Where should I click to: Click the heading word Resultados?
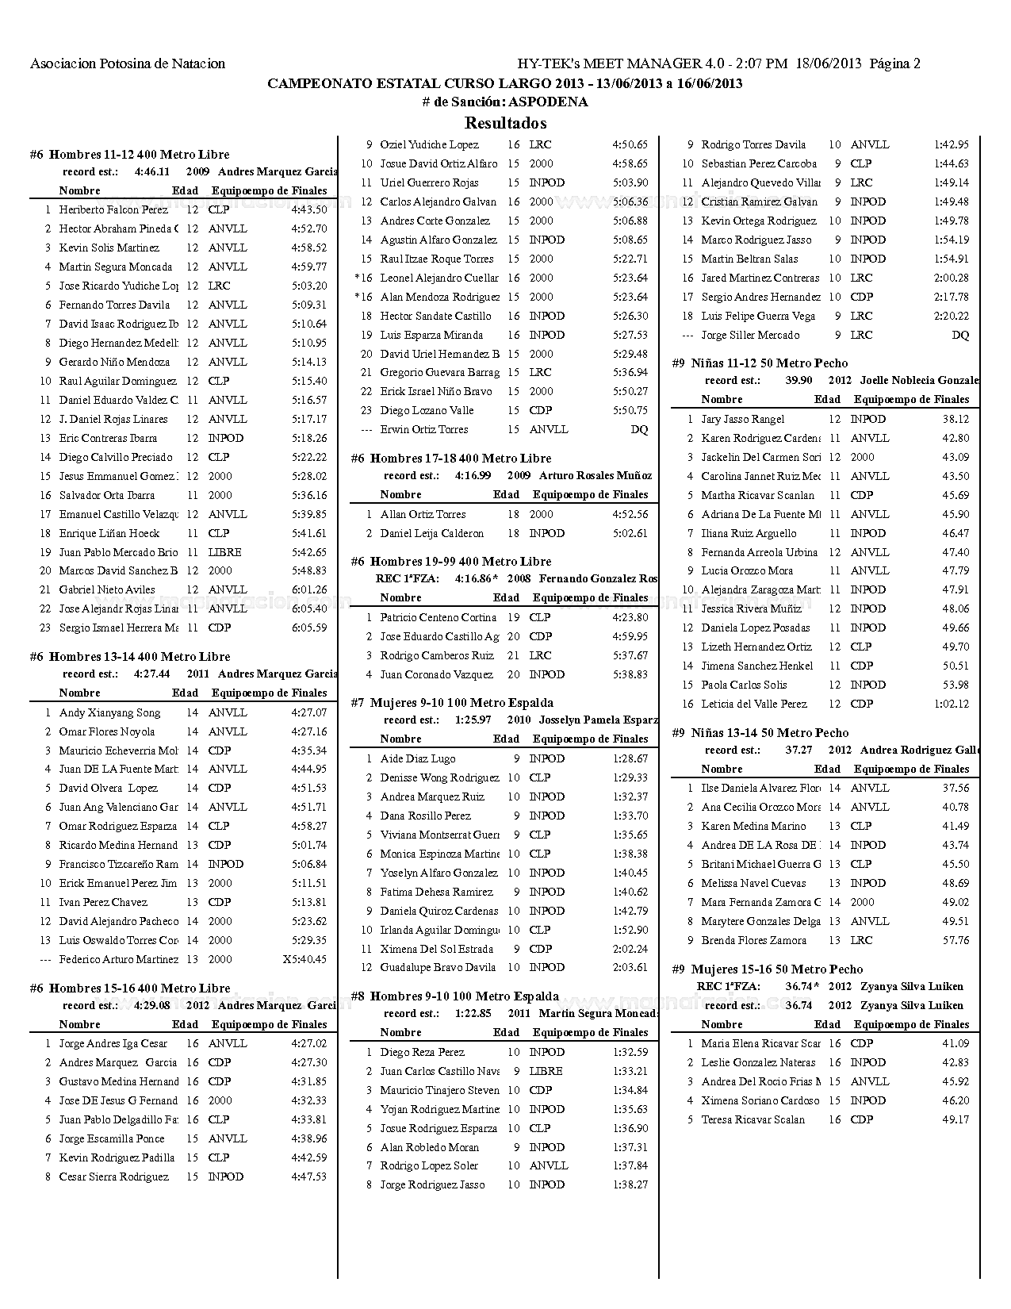(x=505, y=123)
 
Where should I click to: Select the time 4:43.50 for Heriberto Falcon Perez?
(x=309, y=210)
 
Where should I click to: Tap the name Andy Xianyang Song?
(x=109, y=713)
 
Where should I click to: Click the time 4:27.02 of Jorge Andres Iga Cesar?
(x=309, y=1044)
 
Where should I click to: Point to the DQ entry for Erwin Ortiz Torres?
(x=639, y=430)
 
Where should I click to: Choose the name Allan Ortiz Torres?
(x=423, y=515)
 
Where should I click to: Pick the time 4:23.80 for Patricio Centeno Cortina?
(x=630, y=618)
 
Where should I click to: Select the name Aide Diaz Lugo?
(x=418, y=759)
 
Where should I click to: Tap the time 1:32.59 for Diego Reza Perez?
(x=630, y=1053)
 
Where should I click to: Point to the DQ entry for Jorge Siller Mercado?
(x=960, y=336)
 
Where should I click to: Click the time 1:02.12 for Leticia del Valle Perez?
(x=952, y=704)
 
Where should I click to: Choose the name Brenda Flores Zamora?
(x=753, y=941)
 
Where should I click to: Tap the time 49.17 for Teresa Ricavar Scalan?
(x=955, y=1120)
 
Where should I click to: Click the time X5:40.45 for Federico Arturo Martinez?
(x=304, y=960)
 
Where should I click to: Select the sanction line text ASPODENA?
(x=548, y=102)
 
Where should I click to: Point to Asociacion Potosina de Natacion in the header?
(x=128, y=64)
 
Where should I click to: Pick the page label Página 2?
(x=894, y=64)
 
